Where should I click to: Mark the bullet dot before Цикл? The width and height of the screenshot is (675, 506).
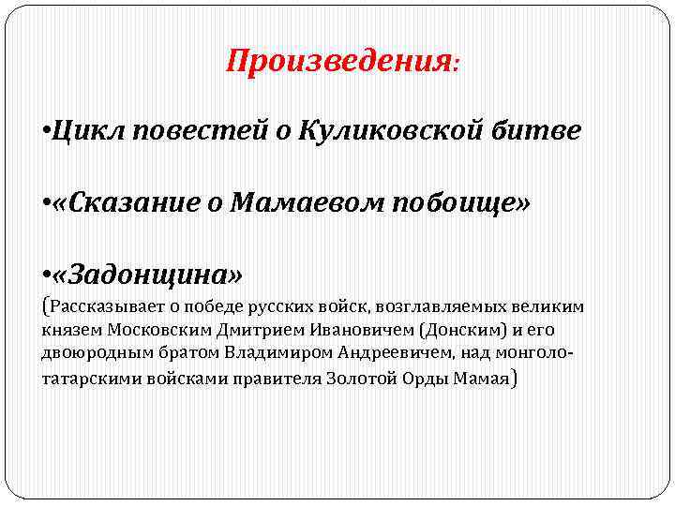point(46,132)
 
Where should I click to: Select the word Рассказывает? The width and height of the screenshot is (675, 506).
point(97,307)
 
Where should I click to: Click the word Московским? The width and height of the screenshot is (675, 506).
point(150,331)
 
